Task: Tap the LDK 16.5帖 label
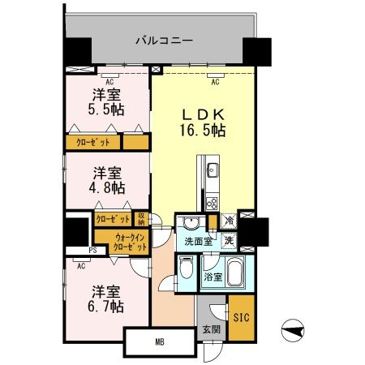[x=203, y=121]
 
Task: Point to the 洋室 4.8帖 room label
[x=106, y=180]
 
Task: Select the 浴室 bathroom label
[x=212, y=277]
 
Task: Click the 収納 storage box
[x=141, y=218]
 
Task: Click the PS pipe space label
[x=93, y=251]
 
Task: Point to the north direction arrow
[x=294, y=332]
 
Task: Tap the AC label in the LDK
[x=215, y=82]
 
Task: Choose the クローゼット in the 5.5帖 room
[x=93, y=142]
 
